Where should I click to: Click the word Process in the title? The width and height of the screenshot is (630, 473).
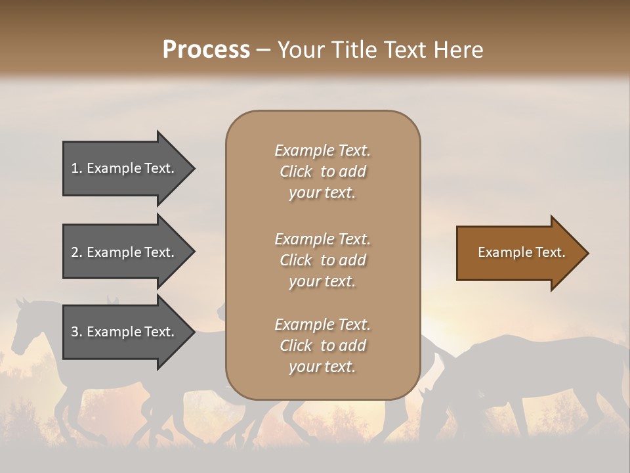pyautogui.click(x=206, y=50)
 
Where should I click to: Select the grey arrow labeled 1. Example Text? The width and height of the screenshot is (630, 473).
pyautogui.click(x=125, y=168)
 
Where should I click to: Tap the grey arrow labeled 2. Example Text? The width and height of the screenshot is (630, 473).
pyautogui.click(x=125, y=252)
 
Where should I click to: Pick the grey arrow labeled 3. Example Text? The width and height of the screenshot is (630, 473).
pyautogui.click(x=125, y=332)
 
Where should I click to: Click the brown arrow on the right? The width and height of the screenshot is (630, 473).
pyautogui.click(x=518, y=253)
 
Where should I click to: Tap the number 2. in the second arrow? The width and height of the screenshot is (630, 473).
pyautogui.click(x=77, y=252)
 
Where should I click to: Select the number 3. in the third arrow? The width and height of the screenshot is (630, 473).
pyautogui.click(x=77, y=332)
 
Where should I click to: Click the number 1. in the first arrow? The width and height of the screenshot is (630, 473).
pyautogui.click(x=77, y=168)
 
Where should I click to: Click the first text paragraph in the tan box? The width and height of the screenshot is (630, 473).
pyautogui.click(x=322, y=171)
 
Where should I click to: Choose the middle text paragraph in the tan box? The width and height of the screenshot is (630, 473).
pyautogui.click(x=322, y=260)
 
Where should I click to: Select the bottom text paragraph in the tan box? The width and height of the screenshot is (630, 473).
pyautogui.click(x=322, y=346)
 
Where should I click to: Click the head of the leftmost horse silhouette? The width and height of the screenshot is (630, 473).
pyautogui.click(x=26, y=322)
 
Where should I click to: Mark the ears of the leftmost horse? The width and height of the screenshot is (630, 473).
pyautogui.click(x=22, y=302)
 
